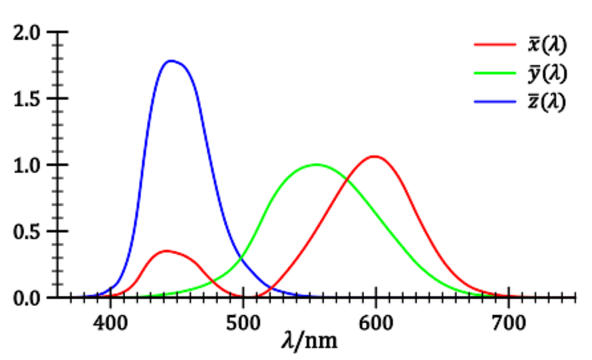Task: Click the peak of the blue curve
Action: point(172,61)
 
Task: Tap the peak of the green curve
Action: point(316,164)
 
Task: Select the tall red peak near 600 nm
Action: point(375,157)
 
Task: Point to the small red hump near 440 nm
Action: point(166,250)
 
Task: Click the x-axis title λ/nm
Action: point(309,341)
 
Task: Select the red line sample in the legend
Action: point(494,45)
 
